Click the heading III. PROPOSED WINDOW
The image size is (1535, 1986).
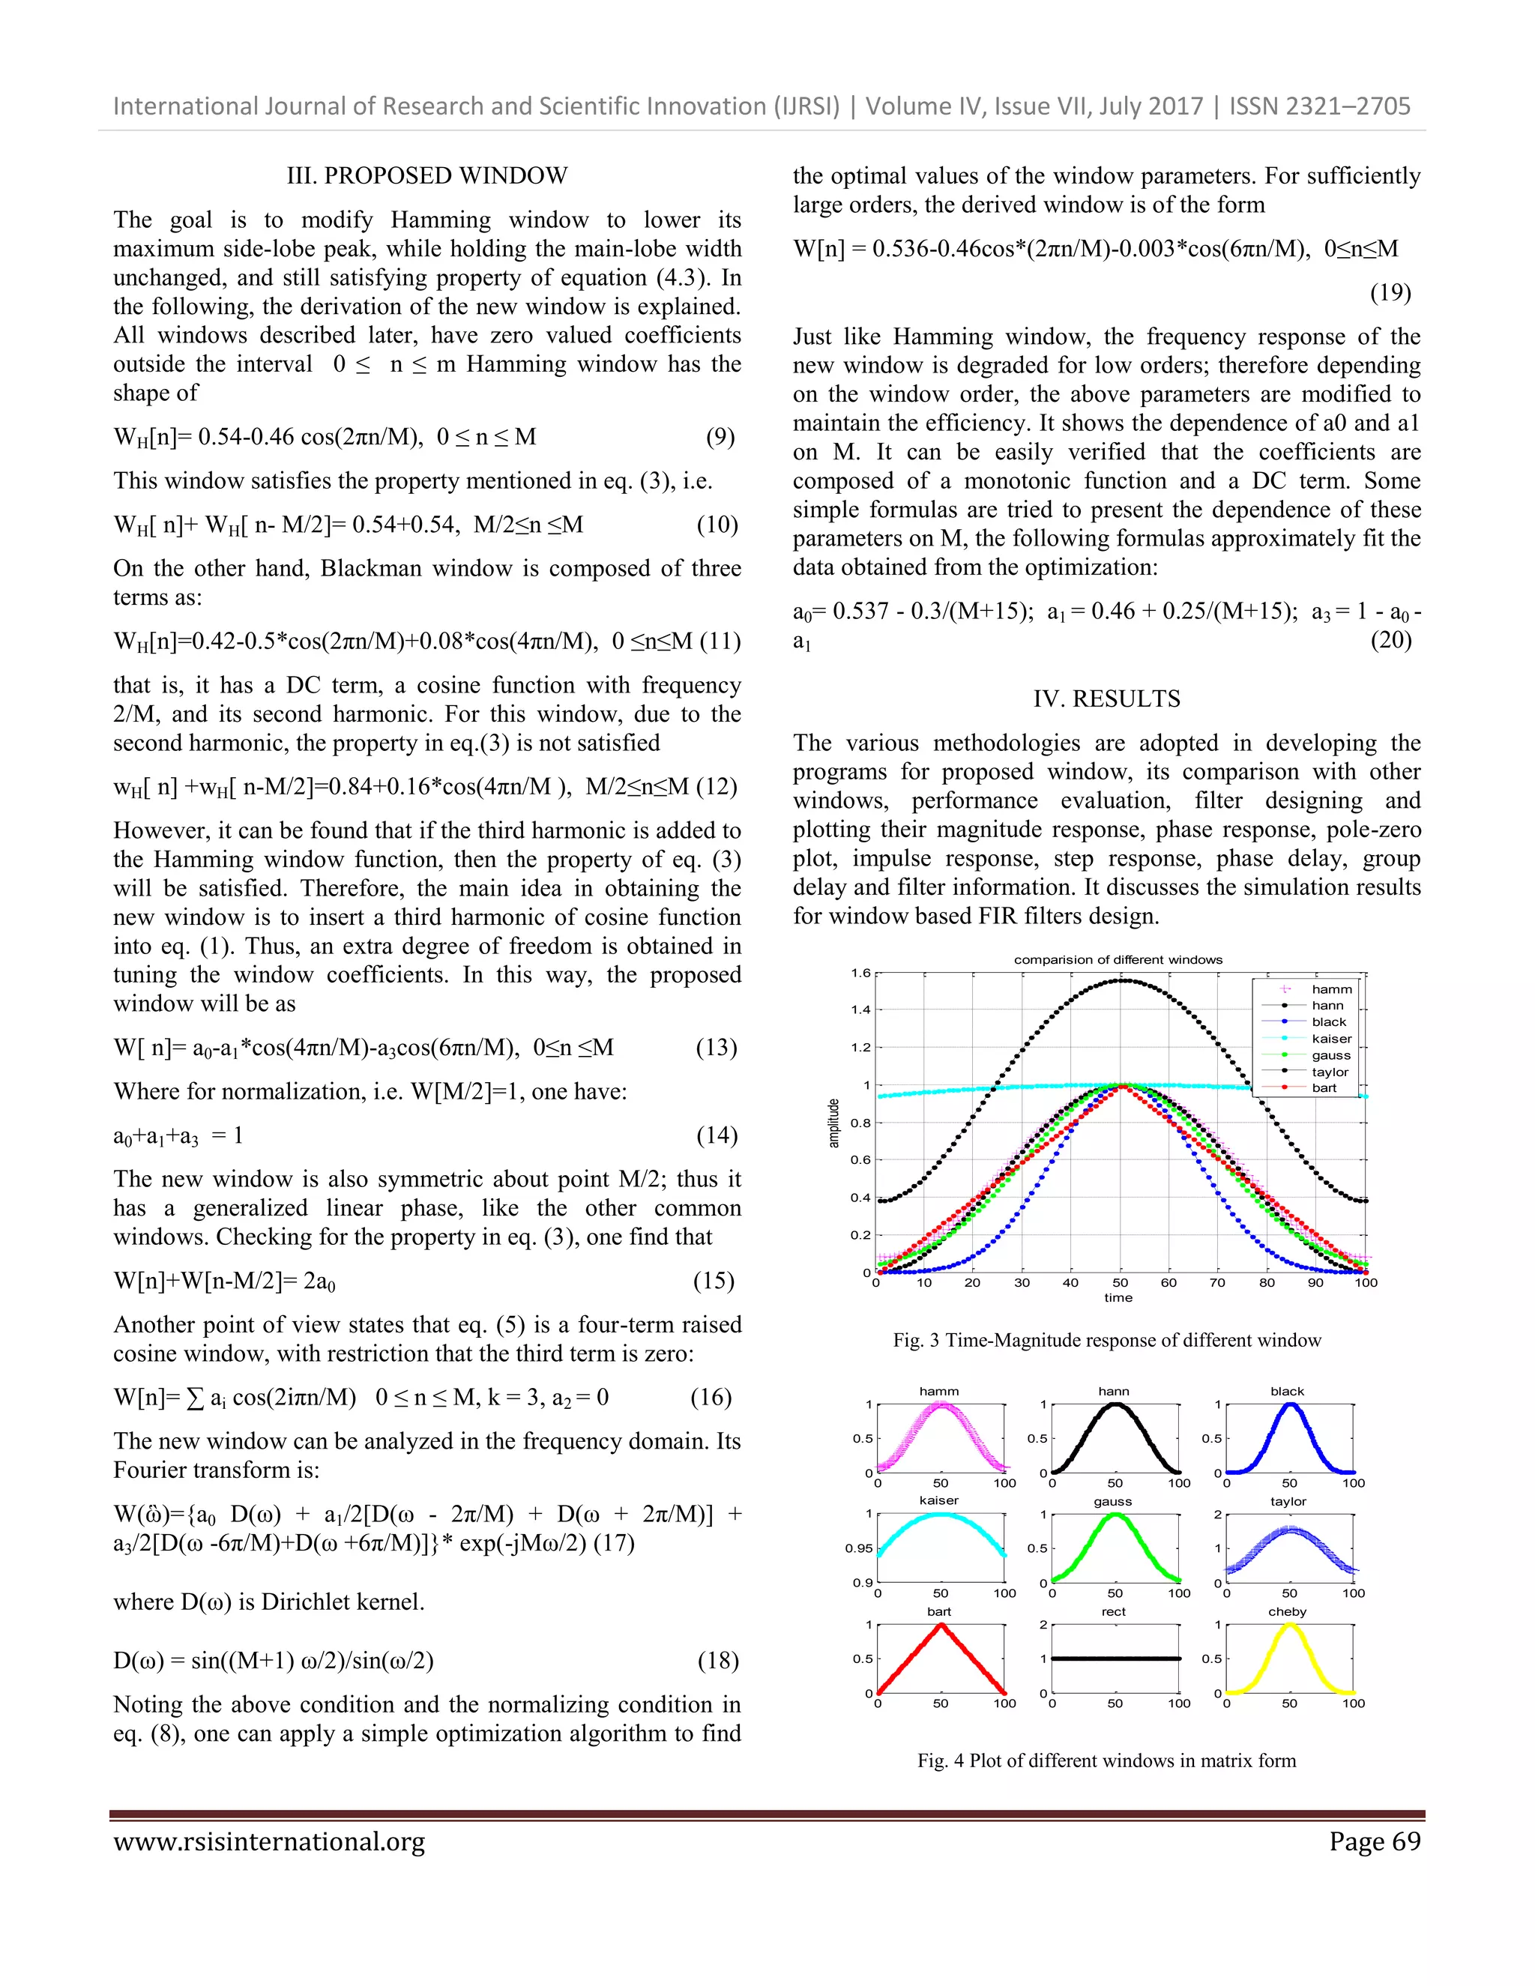(426, 175)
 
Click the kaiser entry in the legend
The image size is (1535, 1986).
(1331, 1039)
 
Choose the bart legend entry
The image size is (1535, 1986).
(1324, 1087)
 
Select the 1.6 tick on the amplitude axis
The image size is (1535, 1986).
(860, 973)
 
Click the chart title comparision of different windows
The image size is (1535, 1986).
(1118, 959)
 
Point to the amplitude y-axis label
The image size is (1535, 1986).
(833, 1123)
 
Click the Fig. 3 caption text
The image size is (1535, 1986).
(1106, 1341)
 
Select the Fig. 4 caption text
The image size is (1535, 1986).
(1106, 1760)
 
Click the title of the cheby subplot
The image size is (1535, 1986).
(1287, 1611)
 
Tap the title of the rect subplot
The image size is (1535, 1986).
(1113, 1611)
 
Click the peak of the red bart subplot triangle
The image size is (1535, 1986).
(941, 1625)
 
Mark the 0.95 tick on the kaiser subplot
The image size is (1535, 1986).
(857, 1548)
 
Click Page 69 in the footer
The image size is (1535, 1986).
(1374, 1842)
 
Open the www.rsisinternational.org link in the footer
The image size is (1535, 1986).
(269, 1842)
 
